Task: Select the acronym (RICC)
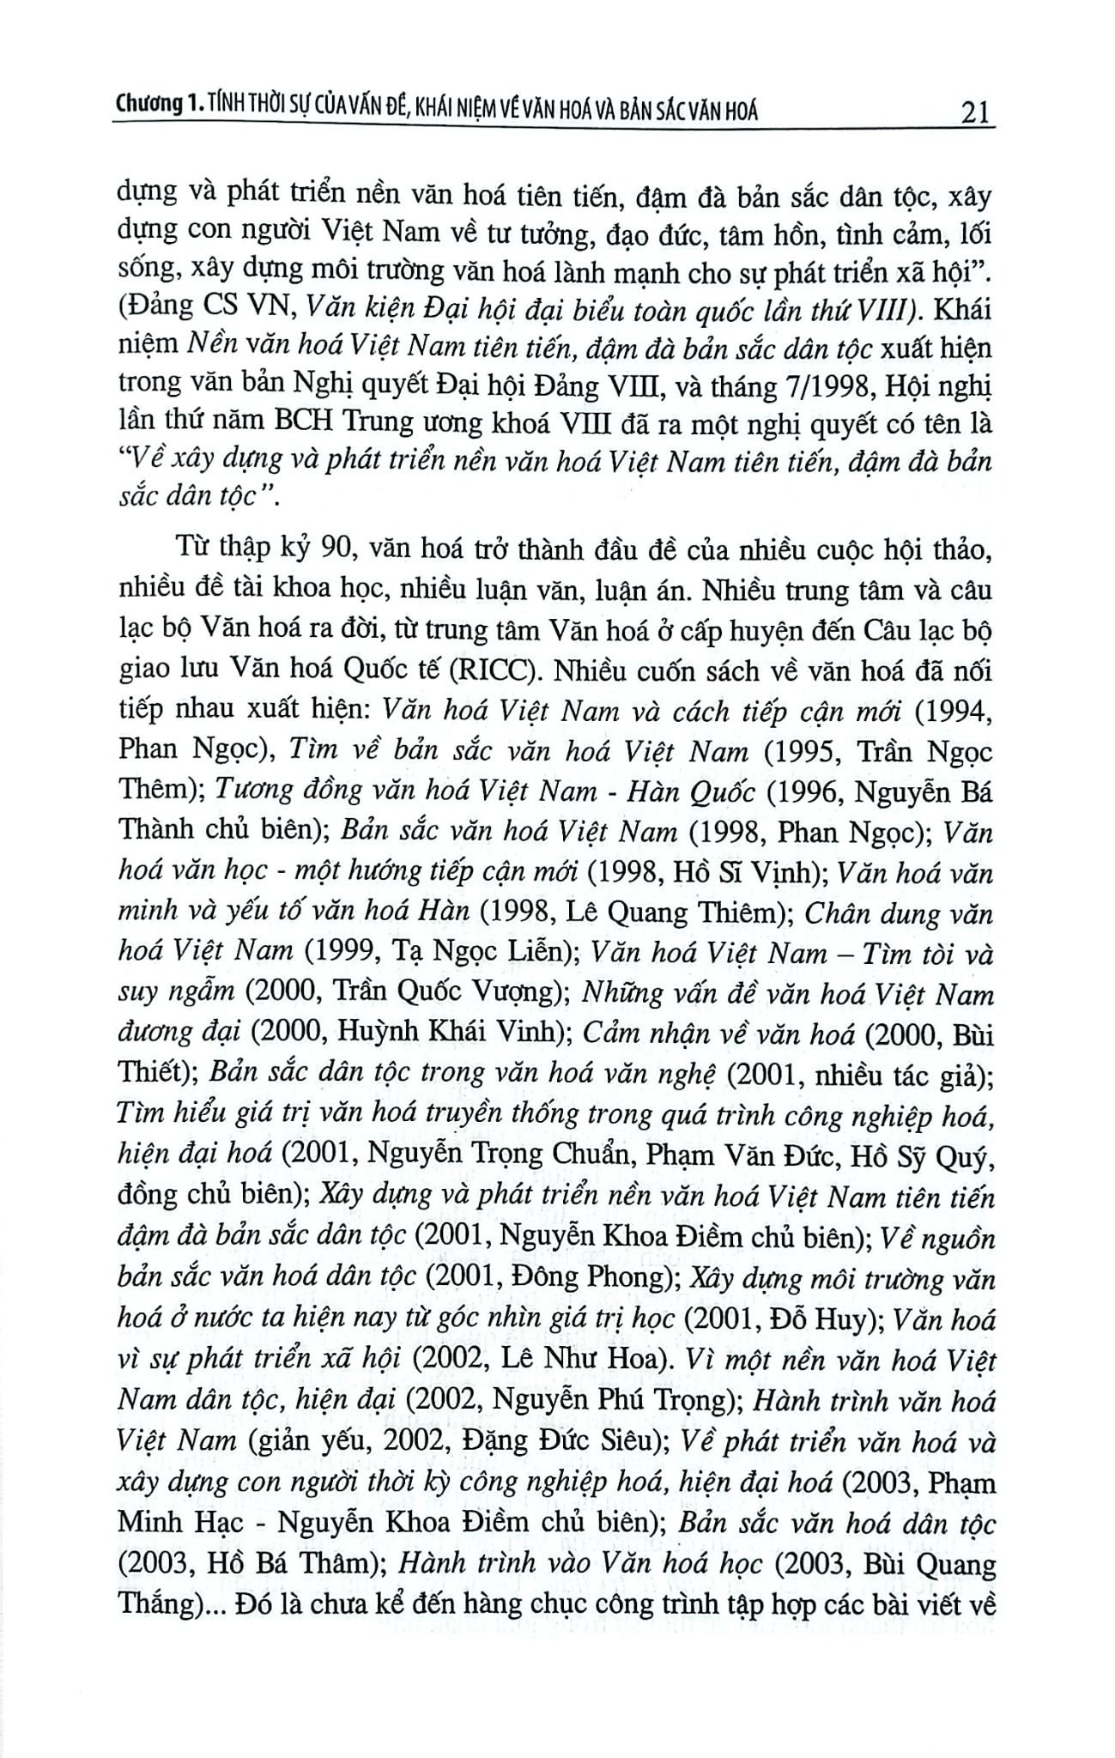(477, 672)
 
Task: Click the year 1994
(949, 711)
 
